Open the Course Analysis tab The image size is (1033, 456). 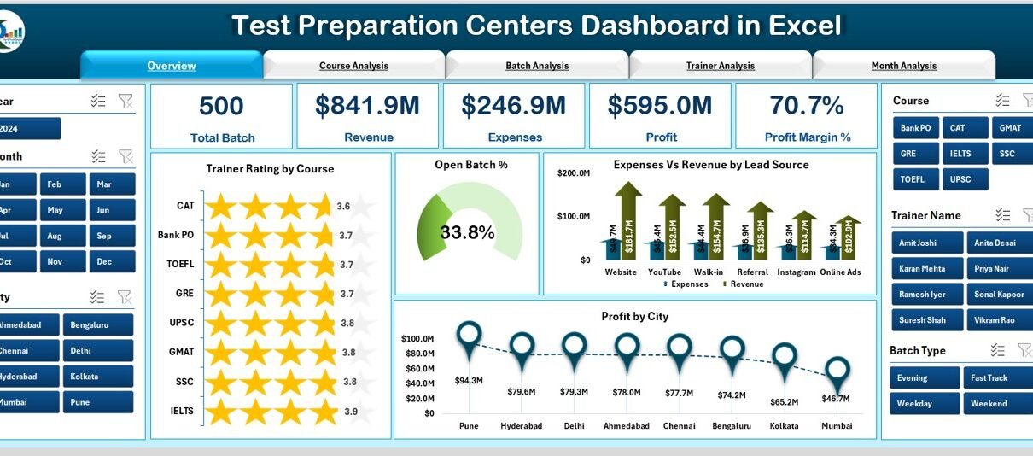pos(353,66)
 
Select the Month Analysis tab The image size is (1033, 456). pos(903,66)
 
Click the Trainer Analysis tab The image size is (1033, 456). pos(720,66)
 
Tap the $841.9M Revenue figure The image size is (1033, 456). pos(367,106)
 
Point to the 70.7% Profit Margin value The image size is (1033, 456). pos(806,106)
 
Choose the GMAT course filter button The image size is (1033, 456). pos(1005,128)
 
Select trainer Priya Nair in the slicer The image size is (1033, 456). pos(989,268)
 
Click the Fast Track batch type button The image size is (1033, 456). pos(989,378)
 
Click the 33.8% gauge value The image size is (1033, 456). pos(467,232)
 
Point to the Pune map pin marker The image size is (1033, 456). pos(469,336)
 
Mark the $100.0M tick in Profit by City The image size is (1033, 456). pos(418,339)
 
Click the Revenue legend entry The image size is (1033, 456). pos(745,284)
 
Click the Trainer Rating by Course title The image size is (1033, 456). pos(270,169)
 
